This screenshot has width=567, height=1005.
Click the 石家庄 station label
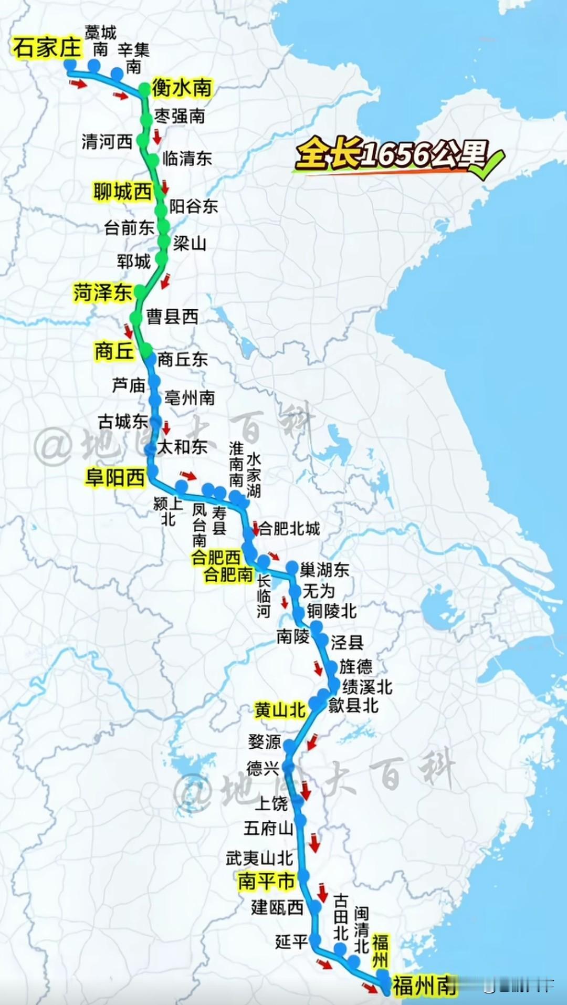[47, 48]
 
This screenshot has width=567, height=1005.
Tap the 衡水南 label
[182, 88]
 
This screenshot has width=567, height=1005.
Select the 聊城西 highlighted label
[122, 192]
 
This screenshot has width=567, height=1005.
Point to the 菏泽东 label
[102, 292]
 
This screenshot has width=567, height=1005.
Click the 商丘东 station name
[182, 360]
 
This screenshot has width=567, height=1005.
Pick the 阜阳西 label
[115, 478]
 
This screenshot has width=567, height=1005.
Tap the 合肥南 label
[228, 574]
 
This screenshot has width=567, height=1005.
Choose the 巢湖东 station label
[324, 570]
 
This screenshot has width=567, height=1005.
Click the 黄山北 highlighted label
[280, 710]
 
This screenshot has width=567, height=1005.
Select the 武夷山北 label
[259, 859]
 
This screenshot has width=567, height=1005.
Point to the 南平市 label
[266, 881]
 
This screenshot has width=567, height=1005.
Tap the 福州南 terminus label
[424, 986]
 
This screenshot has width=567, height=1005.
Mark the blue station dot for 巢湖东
[292, 568]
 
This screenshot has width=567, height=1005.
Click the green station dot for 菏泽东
[140, 291]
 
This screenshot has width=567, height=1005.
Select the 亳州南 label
[190, 398]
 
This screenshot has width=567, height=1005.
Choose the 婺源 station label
[265, 742]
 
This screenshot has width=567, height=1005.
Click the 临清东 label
[187, 159]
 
